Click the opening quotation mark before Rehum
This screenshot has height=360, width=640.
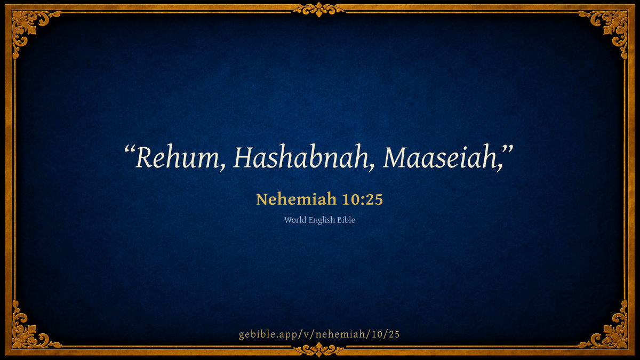tap(130, 149)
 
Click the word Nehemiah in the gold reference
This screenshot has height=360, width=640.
tap(296, 199)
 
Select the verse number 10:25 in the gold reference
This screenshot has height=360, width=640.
tap(362, 199)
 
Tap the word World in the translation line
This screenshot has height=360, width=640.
tap(295, 220)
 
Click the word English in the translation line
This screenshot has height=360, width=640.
tap(322, 220)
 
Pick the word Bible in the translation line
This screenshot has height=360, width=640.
tap(346, 220)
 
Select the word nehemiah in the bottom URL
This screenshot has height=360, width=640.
tap(340, 334)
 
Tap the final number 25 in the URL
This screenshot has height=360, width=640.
tap(394, 334)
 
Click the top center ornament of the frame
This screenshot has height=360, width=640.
tap(319, 10)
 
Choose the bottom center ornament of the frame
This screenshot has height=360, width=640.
tap(319, 350)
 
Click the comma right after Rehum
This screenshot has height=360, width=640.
tap(222, 167)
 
